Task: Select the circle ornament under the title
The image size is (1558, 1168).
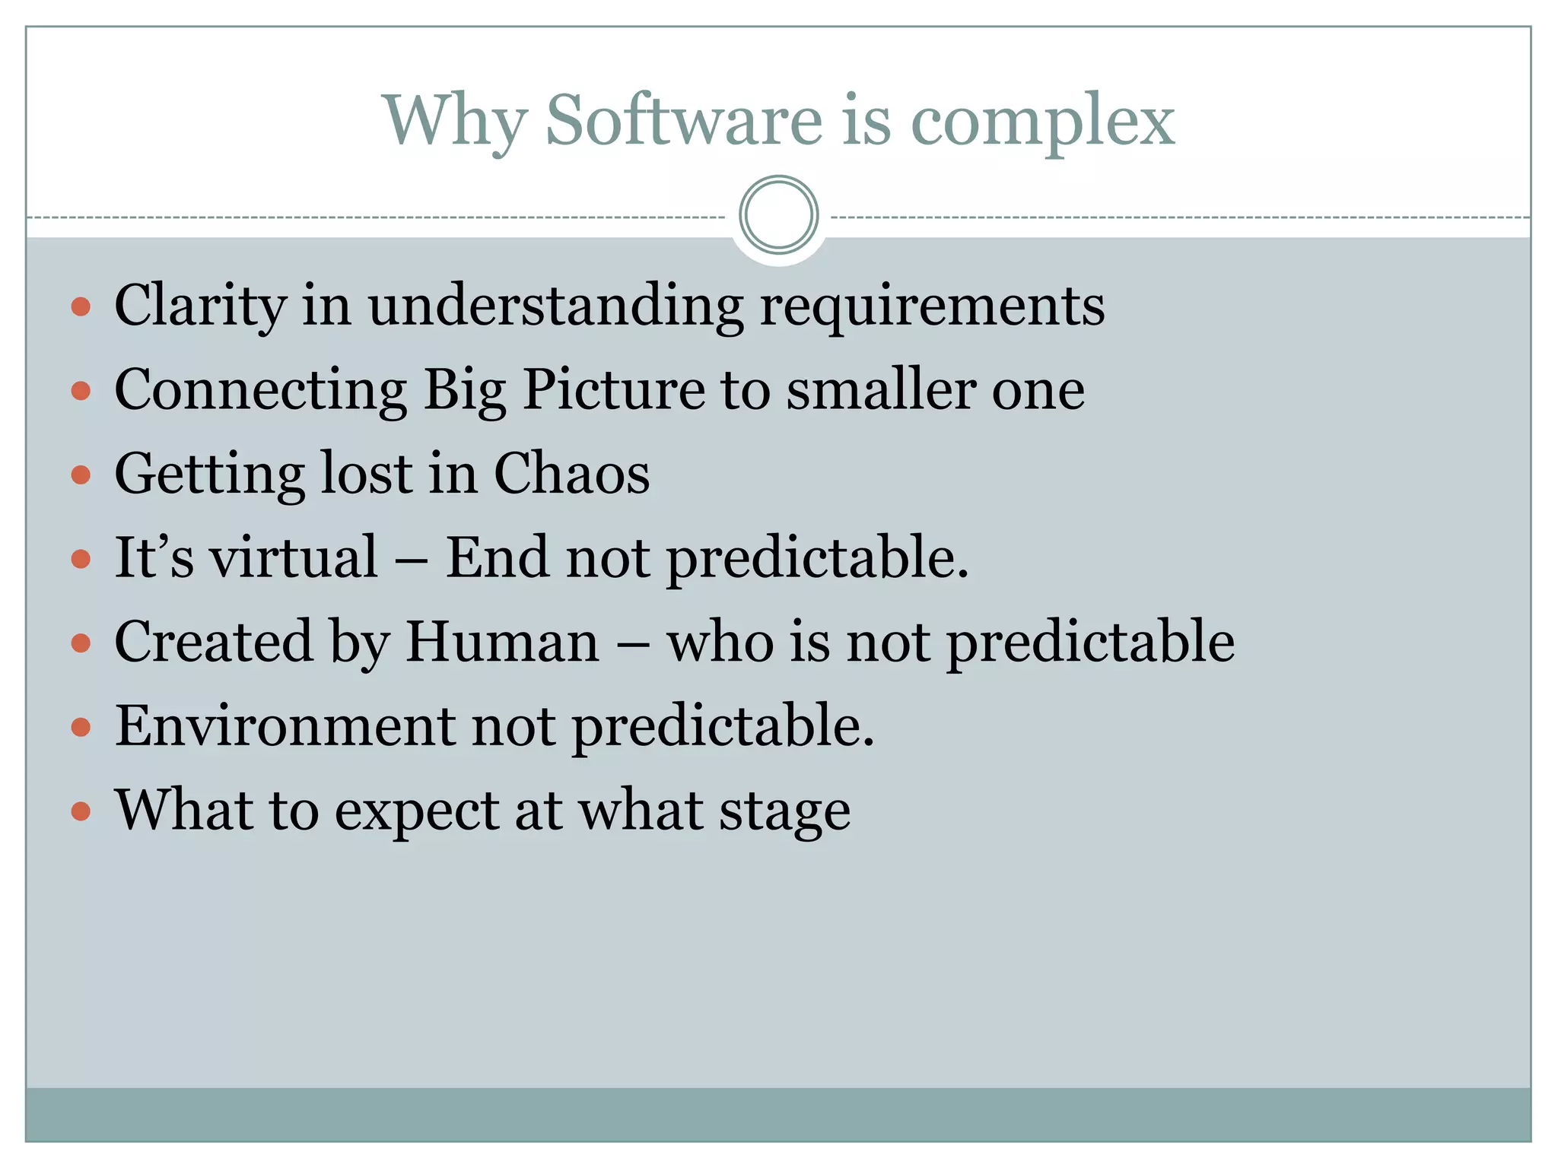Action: tap(778, 215)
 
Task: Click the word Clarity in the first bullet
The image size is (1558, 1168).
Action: tap(200, 306)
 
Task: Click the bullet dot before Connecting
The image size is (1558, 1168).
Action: tap(81, 391)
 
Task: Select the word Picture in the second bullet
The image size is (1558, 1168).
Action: tap(613, 390)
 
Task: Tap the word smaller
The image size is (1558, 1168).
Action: tap(881, 389)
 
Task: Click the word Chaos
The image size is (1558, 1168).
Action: tap(571, 474)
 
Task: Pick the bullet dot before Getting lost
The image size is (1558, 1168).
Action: tap(81, 475)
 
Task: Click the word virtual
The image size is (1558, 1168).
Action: tap(294, 557)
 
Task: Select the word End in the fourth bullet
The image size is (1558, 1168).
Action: tap(496, 557)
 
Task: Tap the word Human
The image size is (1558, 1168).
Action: tap(502, 642)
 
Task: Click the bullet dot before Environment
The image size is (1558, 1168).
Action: tap(81, 728)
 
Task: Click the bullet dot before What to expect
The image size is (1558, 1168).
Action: tap(81, 811)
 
